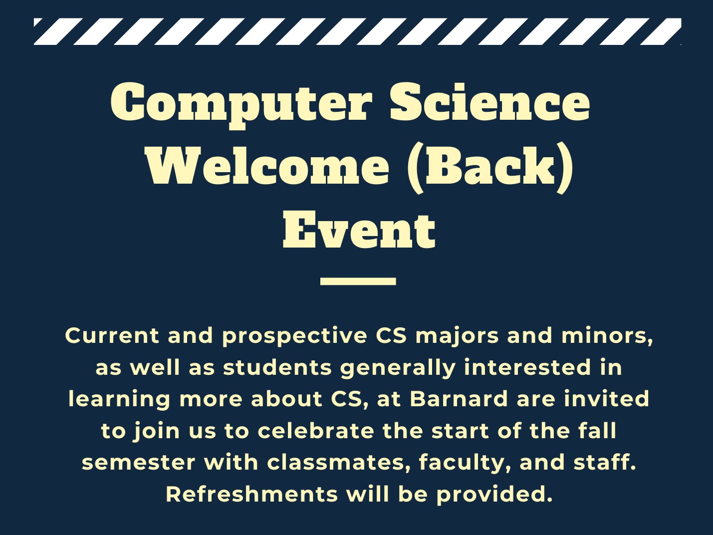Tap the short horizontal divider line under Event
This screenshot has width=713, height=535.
pyautogui.click(x=358, y=281)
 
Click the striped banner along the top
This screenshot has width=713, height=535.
pyautogui.click(x=357, y=31)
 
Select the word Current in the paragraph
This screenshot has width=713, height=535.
pyautogui.click(x=112, y=335)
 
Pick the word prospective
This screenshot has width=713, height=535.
pyautogui.click(x=294, y=336)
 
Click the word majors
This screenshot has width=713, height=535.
pyautogui.click(x=457, y=336)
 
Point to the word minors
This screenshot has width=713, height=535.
pyautogui.click(x=606, y=336)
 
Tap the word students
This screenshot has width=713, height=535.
pyautogui.click(x=277, y=368)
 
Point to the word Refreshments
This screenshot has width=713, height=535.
pyautogui.click(x=251, y=494)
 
